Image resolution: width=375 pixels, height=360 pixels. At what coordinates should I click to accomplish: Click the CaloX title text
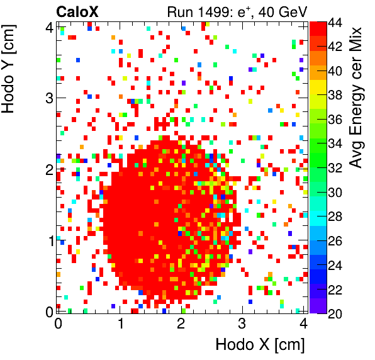(77, 11)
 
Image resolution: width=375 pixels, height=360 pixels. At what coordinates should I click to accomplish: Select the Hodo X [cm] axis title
(260, 345)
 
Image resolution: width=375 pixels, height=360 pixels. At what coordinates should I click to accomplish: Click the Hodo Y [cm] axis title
(11, 70)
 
